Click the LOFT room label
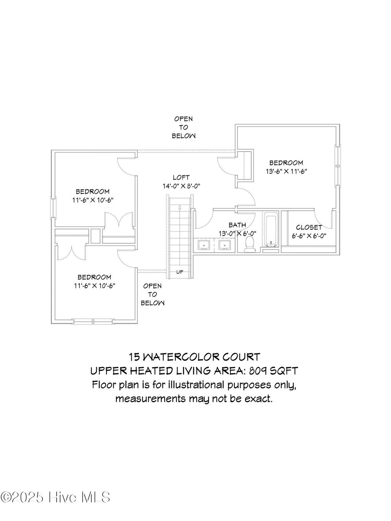click(x=181, y=177)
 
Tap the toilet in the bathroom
click(x=250, y=244)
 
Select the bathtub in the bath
click(x=271, y=230)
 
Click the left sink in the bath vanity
click(x=204, y=244)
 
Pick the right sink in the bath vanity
click(x=225, y=244)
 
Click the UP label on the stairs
click(x=179, y=272)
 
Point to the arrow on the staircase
click(x=179, y=208)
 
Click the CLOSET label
click(x=309, y=227)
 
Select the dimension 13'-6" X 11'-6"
click(x=286, y=171)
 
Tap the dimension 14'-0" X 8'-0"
click(x=181, y=186)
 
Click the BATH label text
click(x=237, y=225)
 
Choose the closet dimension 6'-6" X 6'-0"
click(x=309, y=236)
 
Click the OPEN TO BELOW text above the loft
click(x=184, y=127)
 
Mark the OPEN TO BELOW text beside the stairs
click(x=152, y=294)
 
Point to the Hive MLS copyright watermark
click(x=56, y=497)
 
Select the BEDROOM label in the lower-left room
click(x=94, y=277)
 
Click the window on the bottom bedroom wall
click(x=93, y=321)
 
